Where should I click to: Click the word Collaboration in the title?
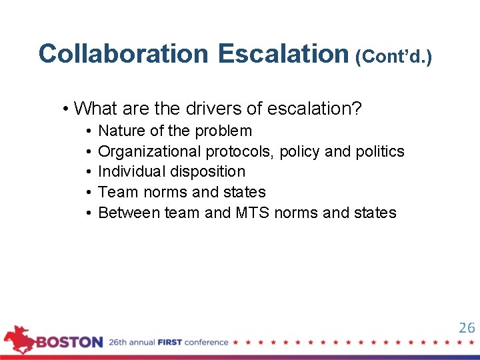pyautogui.click(x=123, y=53)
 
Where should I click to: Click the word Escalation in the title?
pyautogui.click(x=283, y=53)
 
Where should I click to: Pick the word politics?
pyautogui.click(x=379, y=151)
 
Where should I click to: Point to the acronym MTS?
pyautogui.click(x=253, y=213)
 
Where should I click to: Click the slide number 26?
pyautogui.click(x=467, y=327)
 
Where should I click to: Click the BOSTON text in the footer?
pyautogui.click(x=69, y=343)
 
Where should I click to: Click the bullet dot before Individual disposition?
pyautogui.click(x=89, y=172)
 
